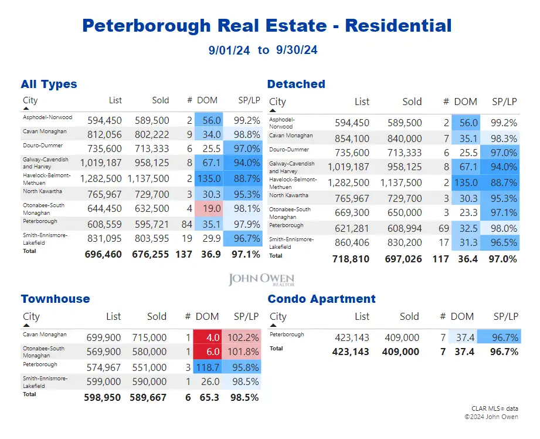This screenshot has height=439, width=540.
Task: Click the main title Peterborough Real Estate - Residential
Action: pyautogui.click(x=267, y=26)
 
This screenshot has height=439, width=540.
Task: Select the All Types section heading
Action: pyautogui.click(x=49, y=84)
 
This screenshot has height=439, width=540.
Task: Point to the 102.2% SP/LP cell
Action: pyautogui.click(x=243, y=338)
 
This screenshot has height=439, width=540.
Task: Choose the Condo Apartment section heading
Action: pyautogui.click(x=321, y=299)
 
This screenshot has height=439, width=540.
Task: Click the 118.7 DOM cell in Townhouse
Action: pyautogui.click(x=205, y=368)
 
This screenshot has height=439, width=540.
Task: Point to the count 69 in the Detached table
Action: pyautogui.click(x=444, y=229)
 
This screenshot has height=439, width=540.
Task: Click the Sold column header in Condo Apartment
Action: pyautogui.click(x=409, y=317)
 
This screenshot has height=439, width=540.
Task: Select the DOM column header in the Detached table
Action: pyautogui.click(x=466, y=102)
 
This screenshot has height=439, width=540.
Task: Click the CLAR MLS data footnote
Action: pyautogui.click(x=494, y=408)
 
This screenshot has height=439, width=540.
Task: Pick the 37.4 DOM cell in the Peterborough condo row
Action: pyautogui.click(x=462, y=337)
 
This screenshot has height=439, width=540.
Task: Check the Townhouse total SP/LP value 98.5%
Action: pyautogui.click(x=243, y=398)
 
